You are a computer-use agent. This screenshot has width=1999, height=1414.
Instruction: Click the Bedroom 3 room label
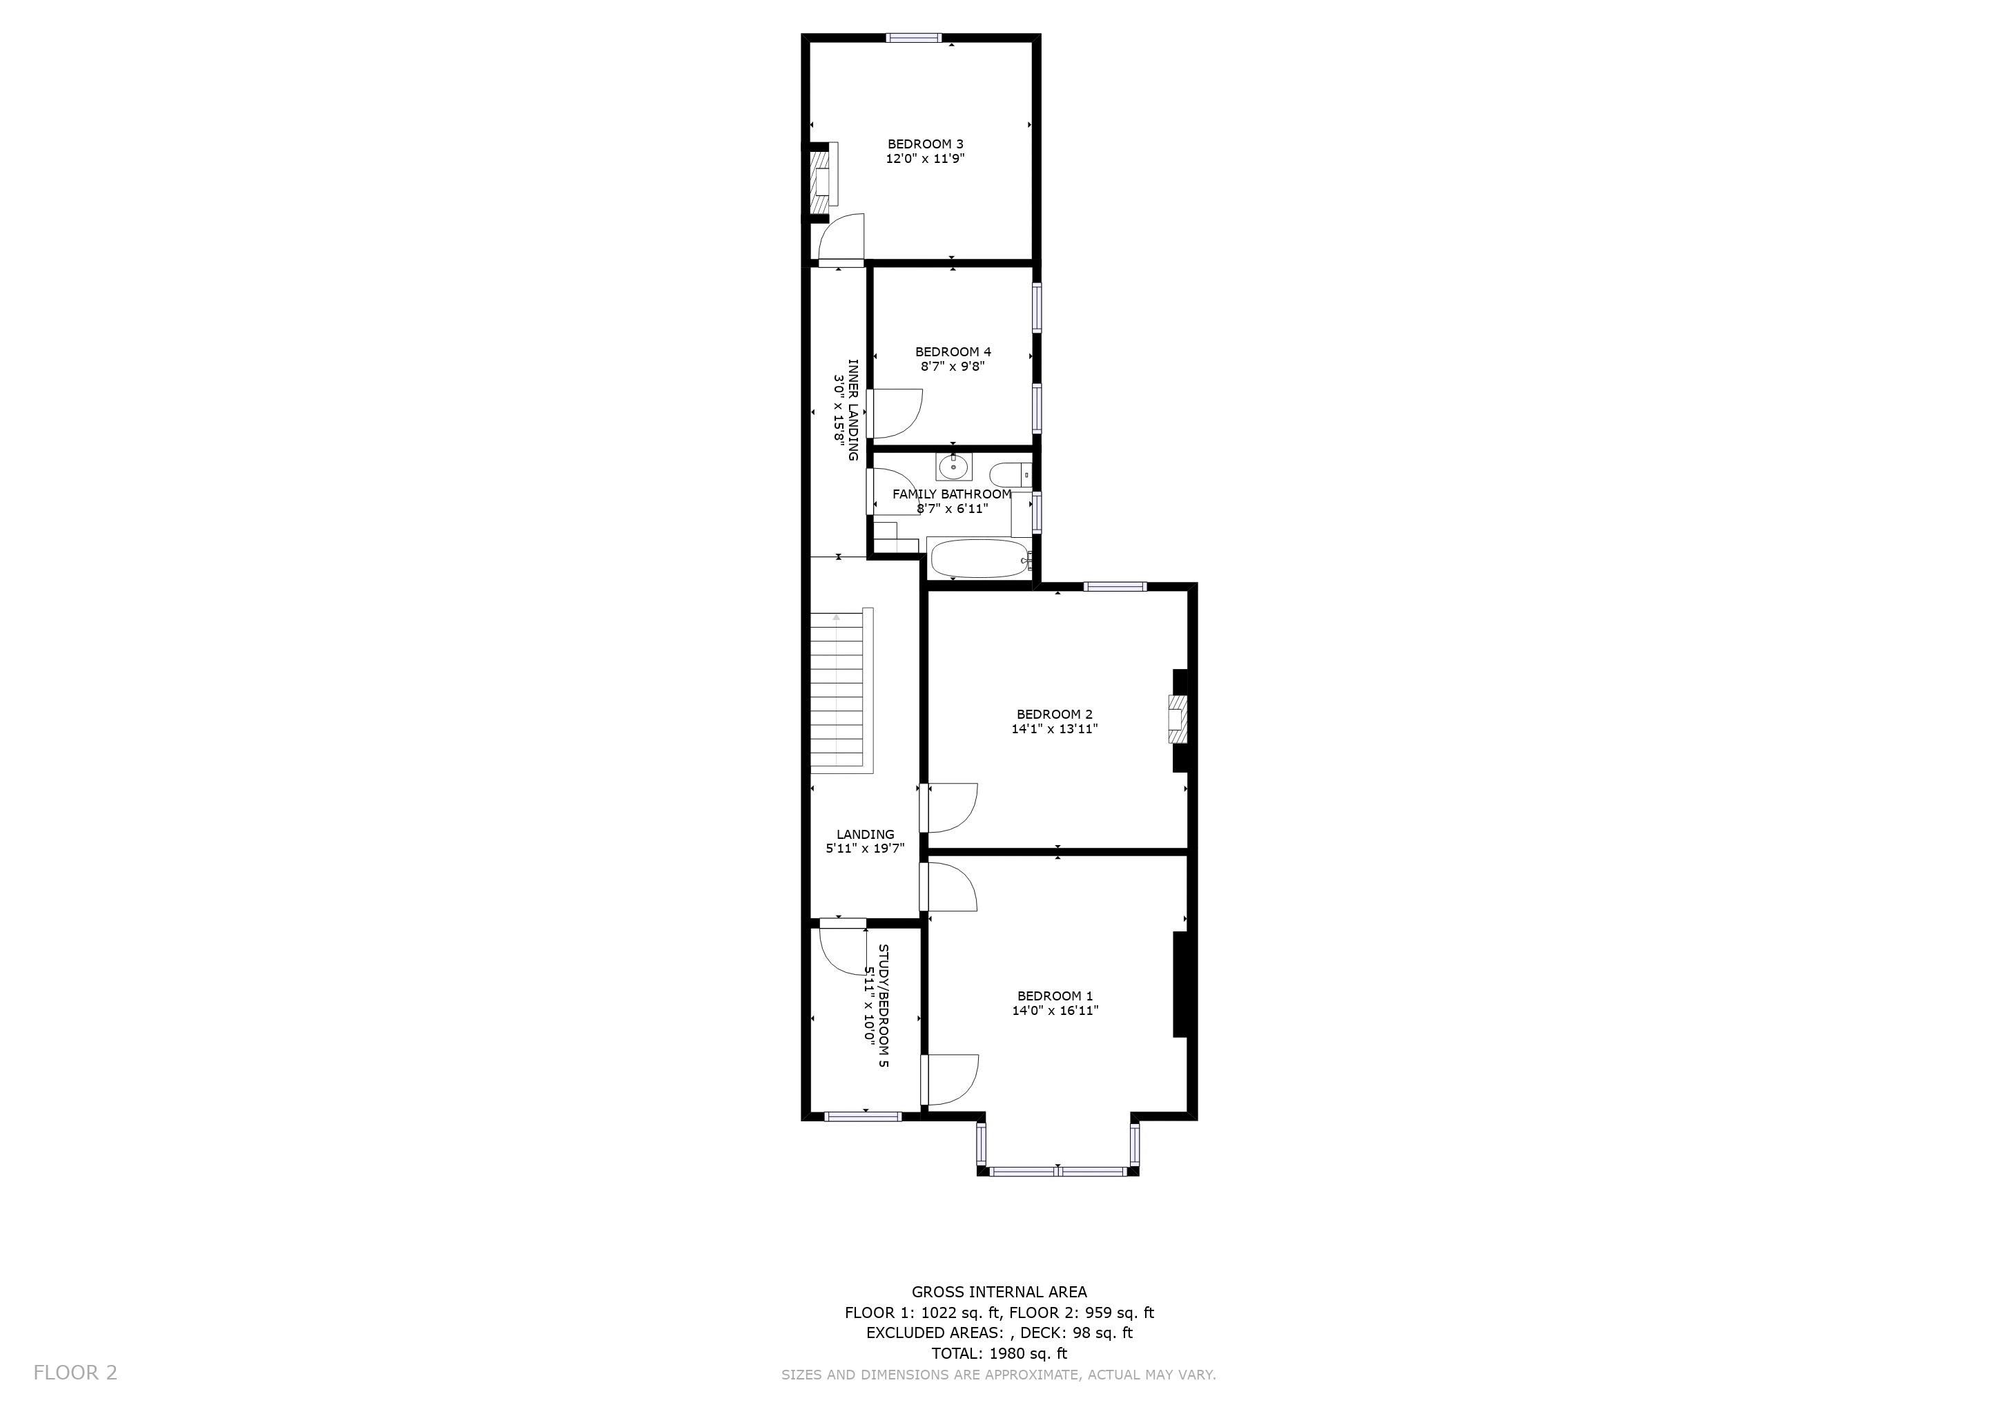[x=926, y=144]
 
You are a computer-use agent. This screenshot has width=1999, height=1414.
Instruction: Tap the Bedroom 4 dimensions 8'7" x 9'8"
[x=953, y=367]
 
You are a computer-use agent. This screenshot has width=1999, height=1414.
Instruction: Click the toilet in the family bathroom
[x=1011, y=476]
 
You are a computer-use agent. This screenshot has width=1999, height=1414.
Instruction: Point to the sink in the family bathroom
[x=954, y=467]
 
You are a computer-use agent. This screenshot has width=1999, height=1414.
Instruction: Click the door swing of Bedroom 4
[x=896, y=414]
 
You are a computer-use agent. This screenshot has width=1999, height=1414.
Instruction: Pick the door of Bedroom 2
[x=950, y=807]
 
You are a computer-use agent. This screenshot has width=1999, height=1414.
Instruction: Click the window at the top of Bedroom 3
[x=913, y=37]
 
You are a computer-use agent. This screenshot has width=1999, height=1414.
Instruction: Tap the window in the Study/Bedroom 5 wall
[x=863, y=1116]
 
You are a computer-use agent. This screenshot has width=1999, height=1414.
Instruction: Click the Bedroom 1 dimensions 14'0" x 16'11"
[x=1055, y=1011]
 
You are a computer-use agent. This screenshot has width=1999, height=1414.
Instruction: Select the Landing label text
[x=866, y=834]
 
